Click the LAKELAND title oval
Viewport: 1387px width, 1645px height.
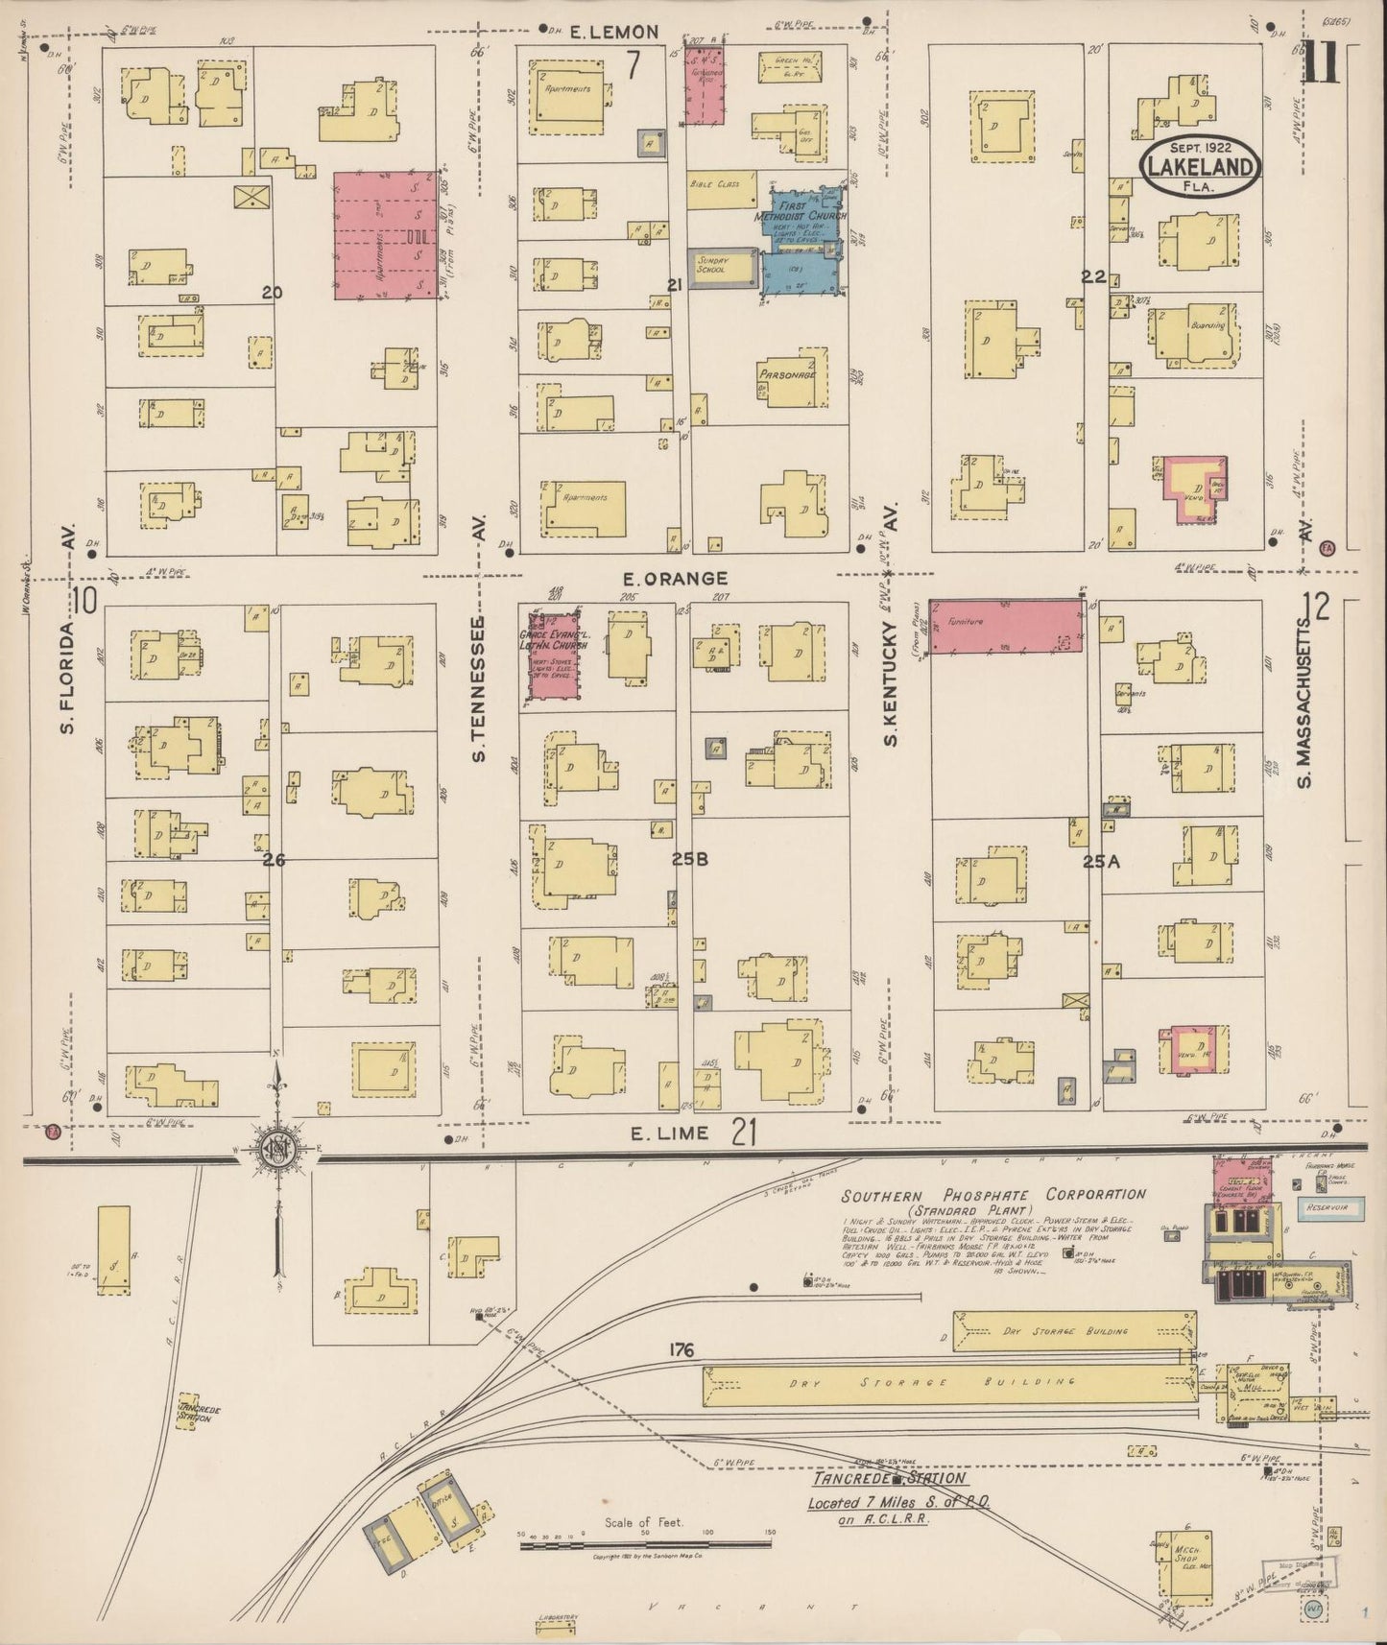click(x=1199, y=167)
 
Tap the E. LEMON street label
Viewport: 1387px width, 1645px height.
click(x=613, y=32)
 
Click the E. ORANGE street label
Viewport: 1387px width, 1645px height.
click(x=675, y=579)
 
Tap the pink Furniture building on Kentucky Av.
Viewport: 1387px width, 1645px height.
click(x=1007, y=629)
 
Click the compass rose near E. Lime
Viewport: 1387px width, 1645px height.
click(x=279, y=1148)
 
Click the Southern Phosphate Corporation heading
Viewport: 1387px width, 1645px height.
click(x=993, y=1196)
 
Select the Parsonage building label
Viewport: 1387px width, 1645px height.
click(x=787, y=375)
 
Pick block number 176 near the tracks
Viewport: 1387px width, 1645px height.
click(x=682, y=1350)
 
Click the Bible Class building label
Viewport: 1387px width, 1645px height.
click(x=715, y=183)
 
